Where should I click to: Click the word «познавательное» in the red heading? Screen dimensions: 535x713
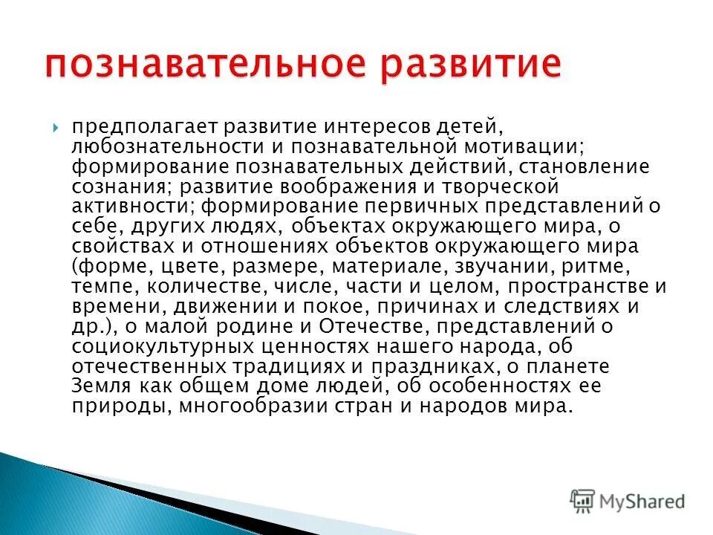200,65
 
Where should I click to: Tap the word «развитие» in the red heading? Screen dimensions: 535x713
463,65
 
